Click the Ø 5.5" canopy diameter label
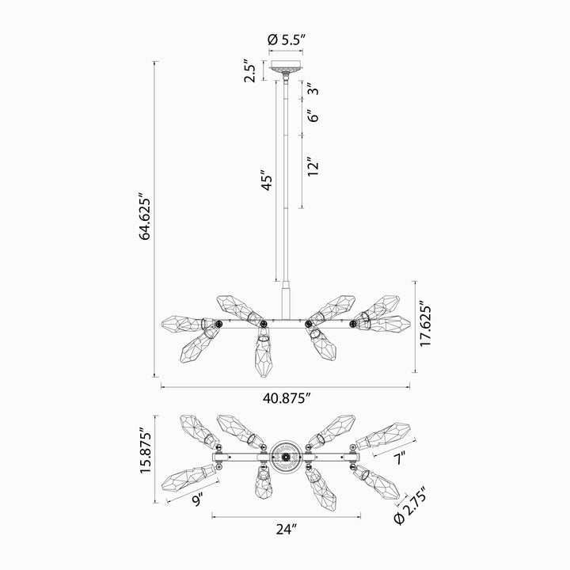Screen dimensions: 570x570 (x=285, y=40)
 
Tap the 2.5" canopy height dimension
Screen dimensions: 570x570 (x=250, y=70)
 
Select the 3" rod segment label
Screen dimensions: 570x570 (x=313, y=89)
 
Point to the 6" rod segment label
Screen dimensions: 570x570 (x=313, y=116)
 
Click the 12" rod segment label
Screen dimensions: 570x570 (x=313, y=167)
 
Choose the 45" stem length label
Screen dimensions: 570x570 (x=268, y=180)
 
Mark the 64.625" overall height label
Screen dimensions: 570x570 (x=145, y=216)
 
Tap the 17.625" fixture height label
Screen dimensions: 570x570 (x=425, y=324)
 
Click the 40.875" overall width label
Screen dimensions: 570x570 (x=287, y=399)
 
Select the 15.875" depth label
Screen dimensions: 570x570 (x=146, y=450)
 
